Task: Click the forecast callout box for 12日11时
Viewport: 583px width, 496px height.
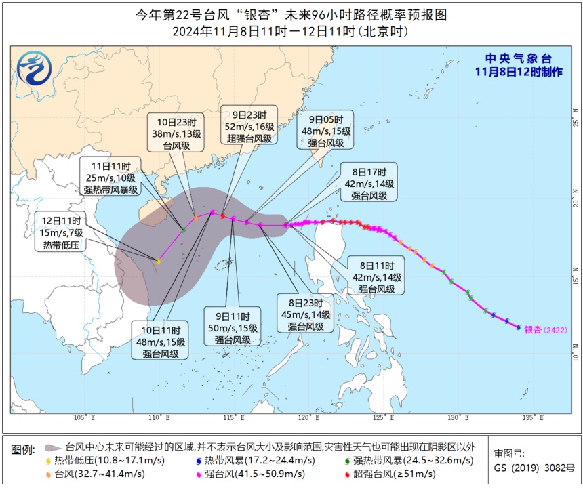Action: click(62, 232)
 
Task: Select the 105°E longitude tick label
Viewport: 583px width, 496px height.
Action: click(84, 417)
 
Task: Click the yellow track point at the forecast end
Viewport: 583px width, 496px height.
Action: click(158, 261)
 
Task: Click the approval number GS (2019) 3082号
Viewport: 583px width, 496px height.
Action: click(534, 468)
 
